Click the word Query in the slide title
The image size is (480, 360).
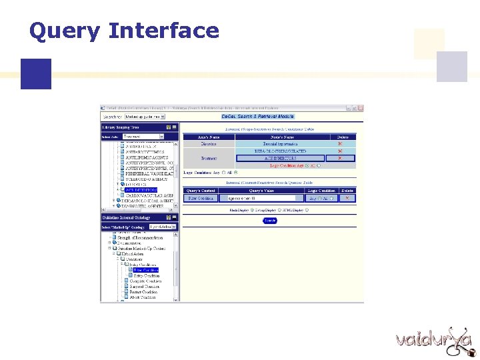[x=64, y=31]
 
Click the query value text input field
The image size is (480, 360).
[x=265, y=198]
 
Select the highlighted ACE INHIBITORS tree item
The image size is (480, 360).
[x=140, y=190]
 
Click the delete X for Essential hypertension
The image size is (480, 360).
[x=340, y=143]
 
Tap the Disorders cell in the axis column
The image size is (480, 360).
[x=209, y=143]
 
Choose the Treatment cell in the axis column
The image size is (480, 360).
[x=209, y=158]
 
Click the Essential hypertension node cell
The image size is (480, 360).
[x=280, y=143]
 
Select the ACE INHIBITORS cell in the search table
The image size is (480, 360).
[x=280, y=158]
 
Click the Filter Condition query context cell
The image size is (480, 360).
[x=201, y=198]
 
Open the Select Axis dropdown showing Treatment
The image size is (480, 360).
[x=141, y=136]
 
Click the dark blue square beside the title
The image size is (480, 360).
[x=35, y=73]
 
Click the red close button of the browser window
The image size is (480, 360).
[x=361, y=107]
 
